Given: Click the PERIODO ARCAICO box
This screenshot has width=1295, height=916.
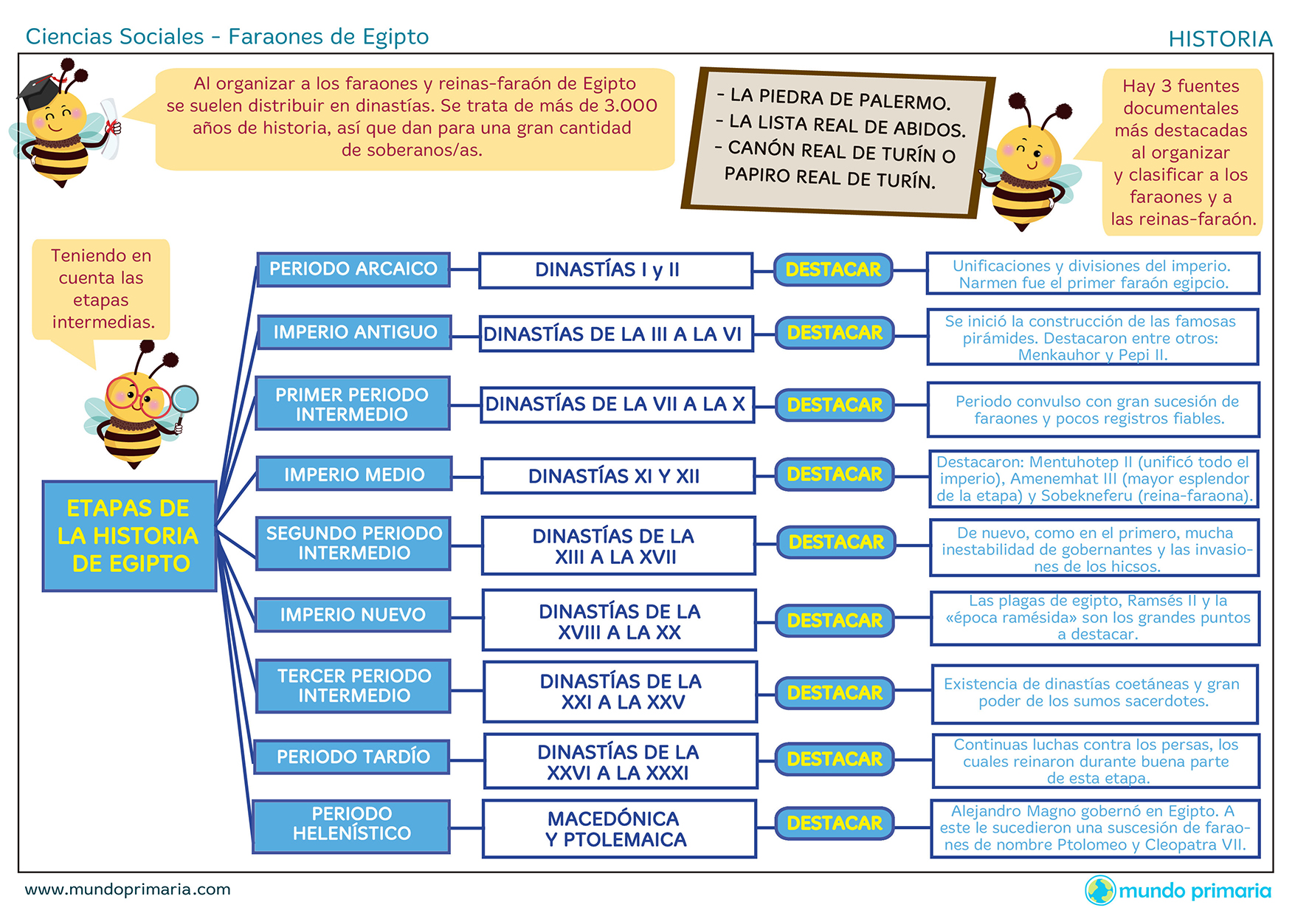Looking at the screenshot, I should pos(353,269).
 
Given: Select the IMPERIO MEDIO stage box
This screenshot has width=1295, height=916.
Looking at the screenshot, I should pos(353,474).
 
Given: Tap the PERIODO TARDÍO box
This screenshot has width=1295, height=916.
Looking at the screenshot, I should pos(352,757).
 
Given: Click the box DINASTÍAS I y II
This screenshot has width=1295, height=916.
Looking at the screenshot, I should pos(615,270).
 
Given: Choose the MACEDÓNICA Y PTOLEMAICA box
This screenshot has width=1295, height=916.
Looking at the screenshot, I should pos(618,829).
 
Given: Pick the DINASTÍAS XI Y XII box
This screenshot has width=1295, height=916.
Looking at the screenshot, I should pos(618,476).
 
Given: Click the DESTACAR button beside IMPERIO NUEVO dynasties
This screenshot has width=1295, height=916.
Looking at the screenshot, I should pos(835,621).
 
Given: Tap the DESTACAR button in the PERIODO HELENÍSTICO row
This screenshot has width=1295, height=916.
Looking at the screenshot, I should pos(835,823).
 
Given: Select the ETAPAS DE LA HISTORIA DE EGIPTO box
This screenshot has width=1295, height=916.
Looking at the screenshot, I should pos(129,536).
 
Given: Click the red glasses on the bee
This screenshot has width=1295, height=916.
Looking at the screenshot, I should pos(137,397).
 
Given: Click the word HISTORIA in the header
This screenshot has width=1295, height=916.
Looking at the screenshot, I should pos(1220,39).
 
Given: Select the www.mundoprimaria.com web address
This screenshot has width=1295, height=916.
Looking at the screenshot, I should pos(128,889).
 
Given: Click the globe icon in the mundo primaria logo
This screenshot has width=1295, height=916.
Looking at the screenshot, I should pos(1099,890).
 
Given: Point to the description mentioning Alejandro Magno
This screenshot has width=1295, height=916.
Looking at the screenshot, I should pos(1094,828).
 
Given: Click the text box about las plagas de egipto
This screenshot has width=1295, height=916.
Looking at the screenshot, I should pos(1094,618).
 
